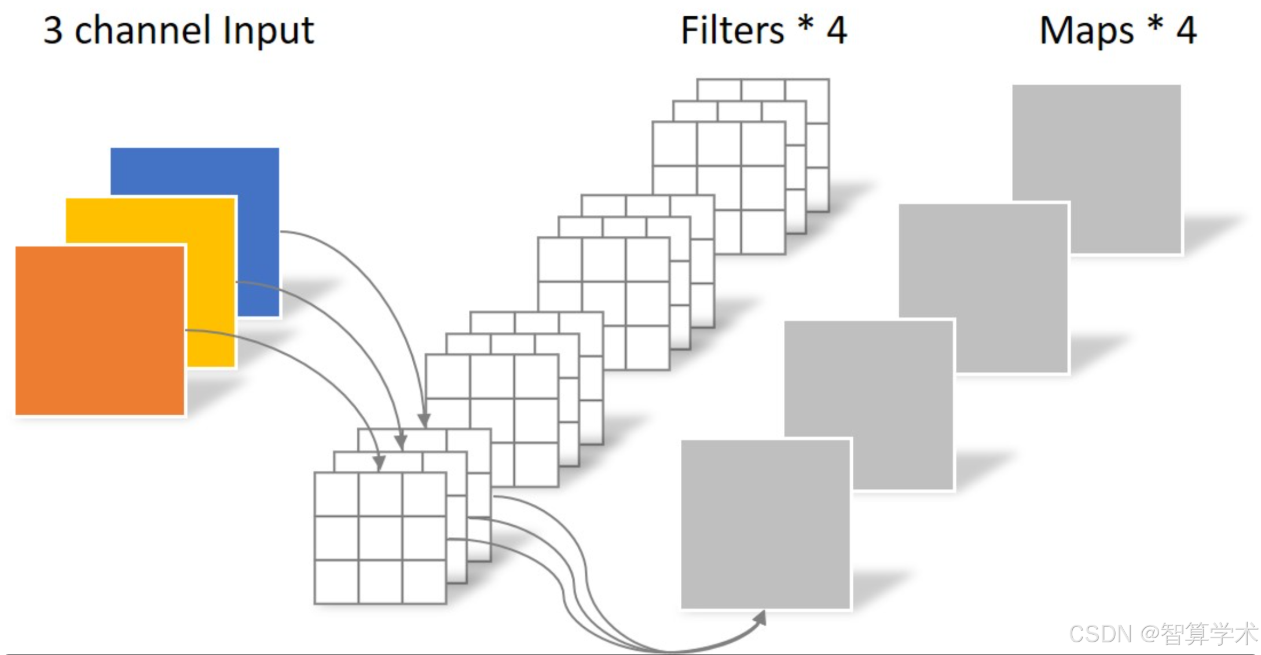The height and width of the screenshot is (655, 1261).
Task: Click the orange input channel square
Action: [x=100, y=330]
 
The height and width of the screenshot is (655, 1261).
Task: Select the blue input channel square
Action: [x=195, y=171]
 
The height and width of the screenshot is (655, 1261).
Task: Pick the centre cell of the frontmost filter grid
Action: [x=380, y=538]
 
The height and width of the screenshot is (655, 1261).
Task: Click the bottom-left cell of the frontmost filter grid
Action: [x=336, y=581]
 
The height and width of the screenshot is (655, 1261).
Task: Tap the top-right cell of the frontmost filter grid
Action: [x=424, y=494]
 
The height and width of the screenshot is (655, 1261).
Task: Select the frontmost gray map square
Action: [x=765, y=524]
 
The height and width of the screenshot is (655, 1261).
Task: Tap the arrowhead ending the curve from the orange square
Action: [x=379, y=463]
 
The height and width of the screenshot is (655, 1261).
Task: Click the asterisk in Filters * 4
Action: [x=805, y=26]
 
